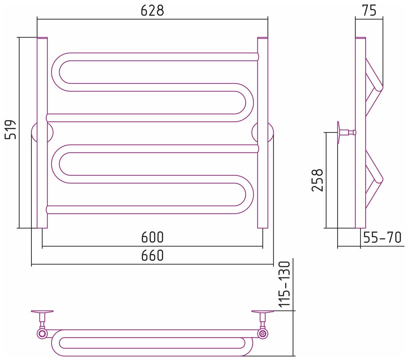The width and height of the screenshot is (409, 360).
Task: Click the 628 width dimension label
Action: coord(152,11)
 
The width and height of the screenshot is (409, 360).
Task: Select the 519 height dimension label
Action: coord(11,129)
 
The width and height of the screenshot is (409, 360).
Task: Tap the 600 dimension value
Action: coord(152,238)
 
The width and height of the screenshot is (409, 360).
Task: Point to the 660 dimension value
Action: coord(152,256)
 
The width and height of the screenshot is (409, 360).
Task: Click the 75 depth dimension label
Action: coord(369,11)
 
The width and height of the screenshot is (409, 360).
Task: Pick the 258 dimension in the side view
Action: coord(317,180)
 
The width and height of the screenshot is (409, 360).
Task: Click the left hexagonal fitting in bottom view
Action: coord(42,333)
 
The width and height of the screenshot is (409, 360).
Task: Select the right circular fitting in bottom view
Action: coord(263,333)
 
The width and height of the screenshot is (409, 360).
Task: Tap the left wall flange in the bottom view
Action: coord(42,312)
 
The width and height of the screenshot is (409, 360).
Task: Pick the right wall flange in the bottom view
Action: coord(263,312)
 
